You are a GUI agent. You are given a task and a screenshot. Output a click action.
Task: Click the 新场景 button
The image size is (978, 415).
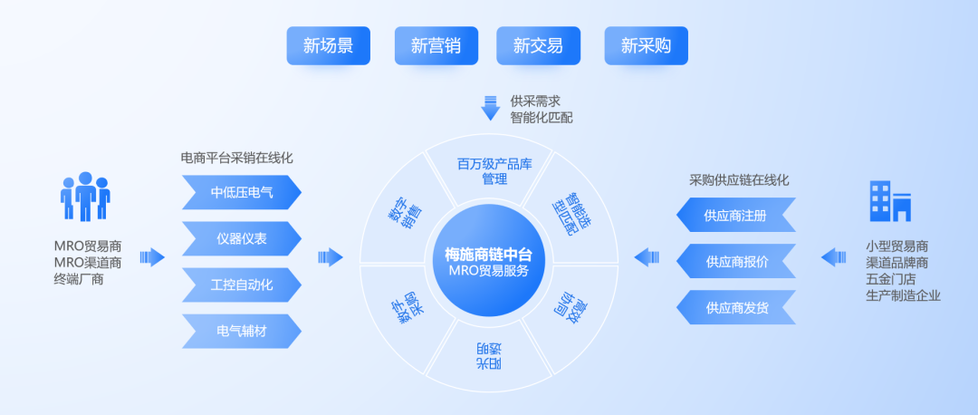328,45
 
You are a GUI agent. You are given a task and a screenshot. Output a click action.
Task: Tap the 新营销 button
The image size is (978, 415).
436,45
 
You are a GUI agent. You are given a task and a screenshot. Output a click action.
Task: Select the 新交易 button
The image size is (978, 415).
538,45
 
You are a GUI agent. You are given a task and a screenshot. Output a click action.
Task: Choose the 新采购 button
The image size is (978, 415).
646,45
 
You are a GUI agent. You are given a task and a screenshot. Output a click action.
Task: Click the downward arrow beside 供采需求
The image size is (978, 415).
490,107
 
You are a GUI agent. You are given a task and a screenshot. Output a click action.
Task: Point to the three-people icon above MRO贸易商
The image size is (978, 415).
85,196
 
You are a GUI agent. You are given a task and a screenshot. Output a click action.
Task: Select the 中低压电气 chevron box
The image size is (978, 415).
241,192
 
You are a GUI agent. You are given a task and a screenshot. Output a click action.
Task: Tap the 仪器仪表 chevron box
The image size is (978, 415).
241,239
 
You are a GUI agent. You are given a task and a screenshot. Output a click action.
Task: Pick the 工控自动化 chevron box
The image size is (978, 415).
241,285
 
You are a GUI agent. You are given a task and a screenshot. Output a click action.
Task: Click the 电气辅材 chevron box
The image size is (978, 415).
241,331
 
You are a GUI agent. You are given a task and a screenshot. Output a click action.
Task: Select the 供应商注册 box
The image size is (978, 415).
736,216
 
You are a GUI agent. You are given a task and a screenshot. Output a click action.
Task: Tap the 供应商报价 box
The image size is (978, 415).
736,262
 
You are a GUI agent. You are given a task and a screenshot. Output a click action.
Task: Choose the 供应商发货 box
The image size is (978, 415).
736,308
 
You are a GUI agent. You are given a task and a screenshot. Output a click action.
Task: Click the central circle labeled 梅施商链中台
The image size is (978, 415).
489,261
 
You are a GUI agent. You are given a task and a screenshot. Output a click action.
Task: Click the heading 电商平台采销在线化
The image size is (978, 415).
237,158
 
